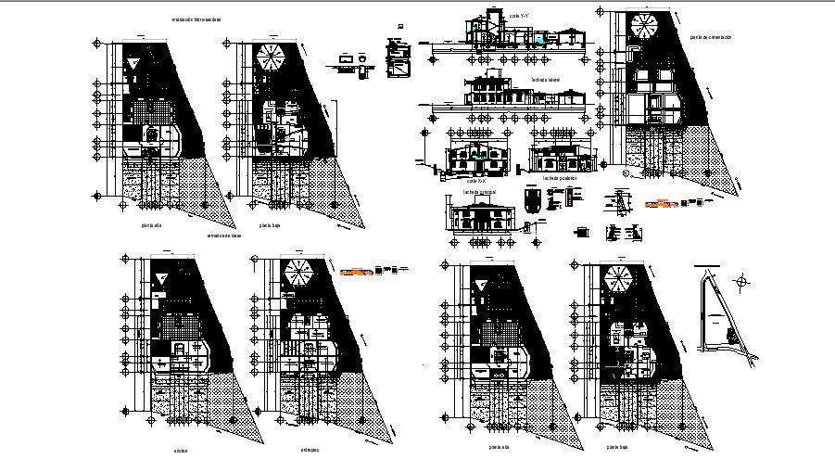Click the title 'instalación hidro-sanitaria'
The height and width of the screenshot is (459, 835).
click(x=196, y=19)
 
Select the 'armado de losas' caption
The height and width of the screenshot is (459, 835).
click(x=223, y=236)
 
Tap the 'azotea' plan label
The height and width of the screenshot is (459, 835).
click(x=179, y=450)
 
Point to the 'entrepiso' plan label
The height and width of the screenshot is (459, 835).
click(x=310, y=450)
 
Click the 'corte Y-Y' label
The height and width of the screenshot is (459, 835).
click(x=518, y=17)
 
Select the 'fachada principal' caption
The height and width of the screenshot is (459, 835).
click(x=479, y=192)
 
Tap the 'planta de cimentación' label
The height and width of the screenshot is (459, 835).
click(x=711, y=37)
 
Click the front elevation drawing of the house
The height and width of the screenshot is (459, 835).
click(x=479, y=219)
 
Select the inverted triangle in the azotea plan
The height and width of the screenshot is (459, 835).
click(x=162, y=279)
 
